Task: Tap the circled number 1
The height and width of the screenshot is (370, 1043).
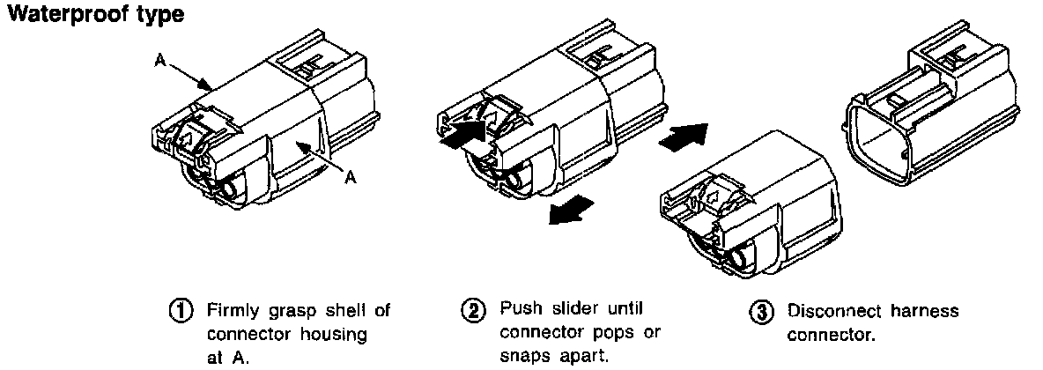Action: click(183, 311)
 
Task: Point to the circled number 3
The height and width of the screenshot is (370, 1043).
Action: click(759, 312)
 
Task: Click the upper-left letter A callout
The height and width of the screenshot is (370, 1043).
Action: click(160, 61)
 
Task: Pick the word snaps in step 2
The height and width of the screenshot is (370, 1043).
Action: click(523, 356)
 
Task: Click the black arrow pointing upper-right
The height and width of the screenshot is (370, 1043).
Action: click(684, 137)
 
